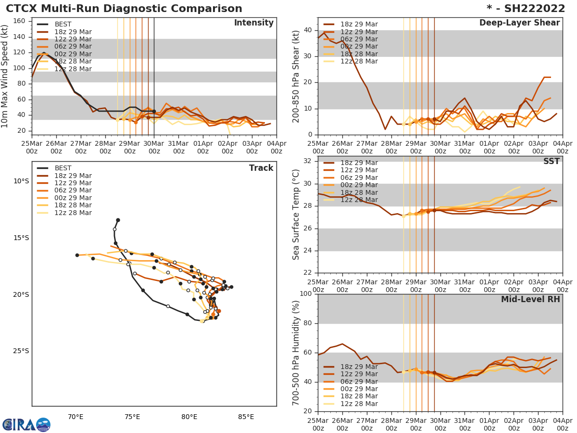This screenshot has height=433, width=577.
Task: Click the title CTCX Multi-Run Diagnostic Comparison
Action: point(124,9)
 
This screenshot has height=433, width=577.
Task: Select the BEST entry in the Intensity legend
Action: point(63,24)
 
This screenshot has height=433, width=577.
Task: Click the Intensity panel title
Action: point(253,23)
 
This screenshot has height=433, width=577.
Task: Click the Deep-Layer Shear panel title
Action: point(519,23)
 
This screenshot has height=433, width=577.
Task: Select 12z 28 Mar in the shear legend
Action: point(359,62)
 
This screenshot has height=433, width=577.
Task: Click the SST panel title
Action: point(552,161)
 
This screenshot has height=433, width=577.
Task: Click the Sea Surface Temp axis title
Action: point(296,215)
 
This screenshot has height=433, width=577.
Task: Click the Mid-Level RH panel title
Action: point(530,300)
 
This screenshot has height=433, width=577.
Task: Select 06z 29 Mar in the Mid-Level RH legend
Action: point(359,382)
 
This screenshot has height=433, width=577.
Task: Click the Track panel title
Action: point(261,168)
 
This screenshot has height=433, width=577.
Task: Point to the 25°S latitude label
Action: point(21,351)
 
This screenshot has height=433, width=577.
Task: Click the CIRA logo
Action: point(26,424)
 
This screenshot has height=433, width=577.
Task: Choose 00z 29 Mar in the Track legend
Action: point(74,198)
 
